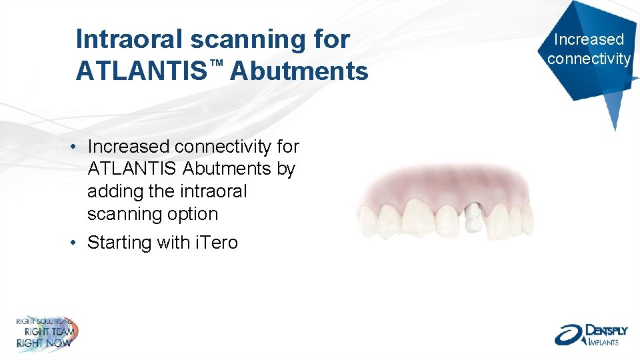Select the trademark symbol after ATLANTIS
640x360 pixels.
click(x=215, y=62)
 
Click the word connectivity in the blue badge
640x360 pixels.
click(x=589, y=59)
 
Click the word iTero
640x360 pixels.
click(x=215, y=243)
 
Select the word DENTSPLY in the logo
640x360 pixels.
click(x=603, y=330)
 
